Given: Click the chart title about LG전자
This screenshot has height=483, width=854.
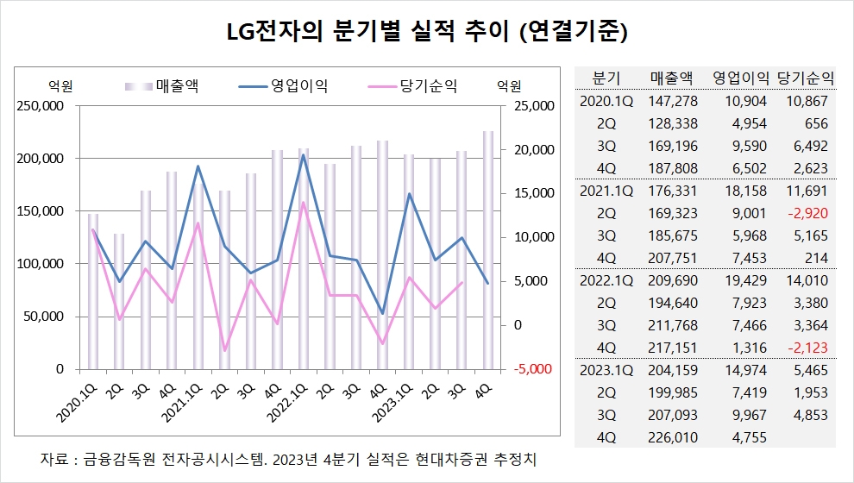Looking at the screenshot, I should (x=426, y=33).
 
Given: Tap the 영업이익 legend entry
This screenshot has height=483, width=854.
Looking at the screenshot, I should (x=299, y=85).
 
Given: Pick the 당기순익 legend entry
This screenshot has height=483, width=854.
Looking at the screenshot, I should (x=428, y=85).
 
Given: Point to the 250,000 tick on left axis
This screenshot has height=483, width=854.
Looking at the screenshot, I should (x=41, y=106).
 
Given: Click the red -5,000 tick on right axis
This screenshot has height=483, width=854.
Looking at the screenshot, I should (x=531, y=368).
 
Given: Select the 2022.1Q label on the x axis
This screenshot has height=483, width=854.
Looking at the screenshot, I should (x=286, y=398).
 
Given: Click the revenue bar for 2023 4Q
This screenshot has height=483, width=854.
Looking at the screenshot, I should (x=487, y=250).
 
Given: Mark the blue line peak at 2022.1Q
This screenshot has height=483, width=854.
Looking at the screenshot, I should (x=303, y=155).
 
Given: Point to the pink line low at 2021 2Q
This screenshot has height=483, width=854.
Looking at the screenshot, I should (x=224, y=351).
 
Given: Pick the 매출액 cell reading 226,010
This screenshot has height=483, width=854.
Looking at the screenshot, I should (x=674, y=437).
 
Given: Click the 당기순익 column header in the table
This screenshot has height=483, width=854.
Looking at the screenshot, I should (x=806, y=78).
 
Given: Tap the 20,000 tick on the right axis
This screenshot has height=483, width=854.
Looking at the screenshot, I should (x=531, y=150).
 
